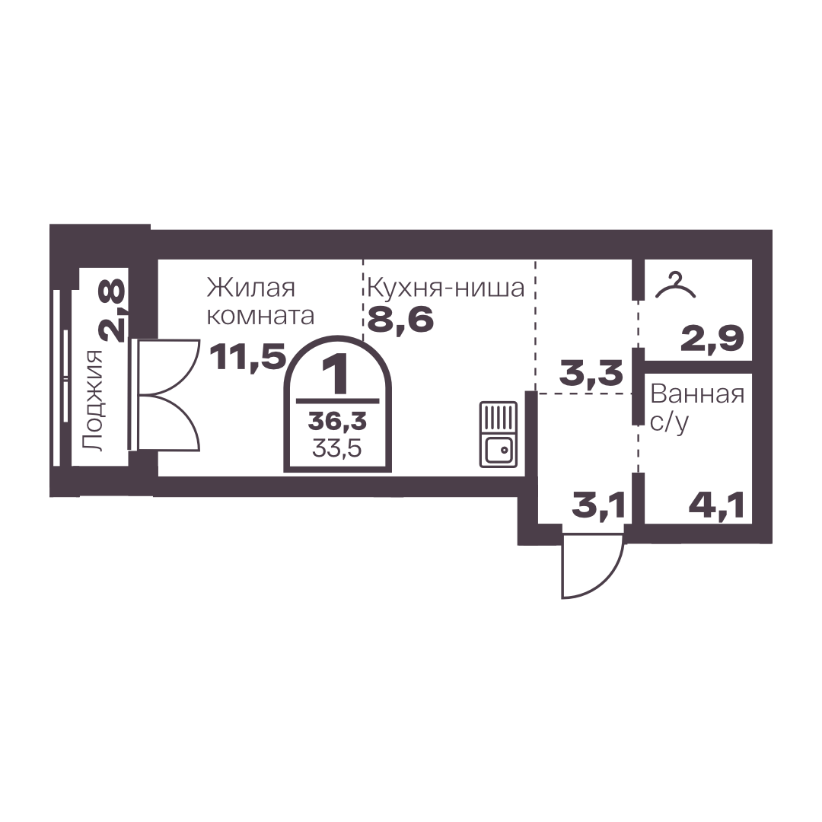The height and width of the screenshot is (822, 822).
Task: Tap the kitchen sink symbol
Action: tap(498, 434)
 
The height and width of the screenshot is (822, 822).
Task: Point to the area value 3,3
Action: tap(591, 373)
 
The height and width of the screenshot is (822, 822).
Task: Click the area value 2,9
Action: tap(712, 339)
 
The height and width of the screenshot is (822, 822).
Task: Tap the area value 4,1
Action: tap(716, 506)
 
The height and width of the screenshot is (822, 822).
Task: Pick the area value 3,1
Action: tap(598, 506)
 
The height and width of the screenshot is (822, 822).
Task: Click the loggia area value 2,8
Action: tap(112, 311)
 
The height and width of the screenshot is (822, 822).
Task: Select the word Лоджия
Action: tap(94, 400)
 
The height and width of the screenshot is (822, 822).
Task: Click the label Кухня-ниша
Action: tap(445, 288)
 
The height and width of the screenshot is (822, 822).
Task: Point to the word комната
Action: tap(261, 316)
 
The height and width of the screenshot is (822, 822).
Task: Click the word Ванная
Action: tap(697, 394)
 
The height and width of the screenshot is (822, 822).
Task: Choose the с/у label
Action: tap(669, 422)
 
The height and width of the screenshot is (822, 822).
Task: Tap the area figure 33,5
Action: tap(337, 448)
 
